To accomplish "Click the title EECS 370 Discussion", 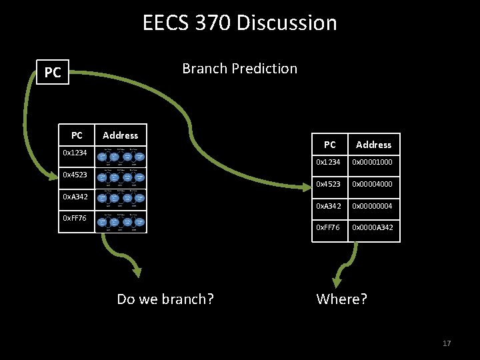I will tap(240, 23).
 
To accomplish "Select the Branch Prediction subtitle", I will tap(239, 68).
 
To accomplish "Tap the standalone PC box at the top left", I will tap(52, 73).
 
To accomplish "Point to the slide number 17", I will tap(447, 343).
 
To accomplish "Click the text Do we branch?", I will tap(165, 299).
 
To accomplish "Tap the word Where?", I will tap(341, 299).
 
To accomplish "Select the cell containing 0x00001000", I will tap(373, 162).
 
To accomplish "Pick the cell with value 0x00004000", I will tap(373, 184).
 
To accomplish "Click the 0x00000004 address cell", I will tap(373, 206).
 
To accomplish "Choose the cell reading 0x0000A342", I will tap(373, 228).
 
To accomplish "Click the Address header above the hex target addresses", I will tap(373, 145).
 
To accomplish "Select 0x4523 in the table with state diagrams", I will tap(75, 175).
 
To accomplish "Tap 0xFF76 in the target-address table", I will tap(329, 228).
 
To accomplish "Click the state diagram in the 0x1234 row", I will tap(121, 157).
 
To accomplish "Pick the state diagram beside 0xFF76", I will tap(121, 221).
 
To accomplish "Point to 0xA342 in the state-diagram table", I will tap(75, 197).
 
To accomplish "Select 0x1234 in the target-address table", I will tap(329, 162).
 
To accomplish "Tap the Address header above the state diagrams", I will tap(121, 135).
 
